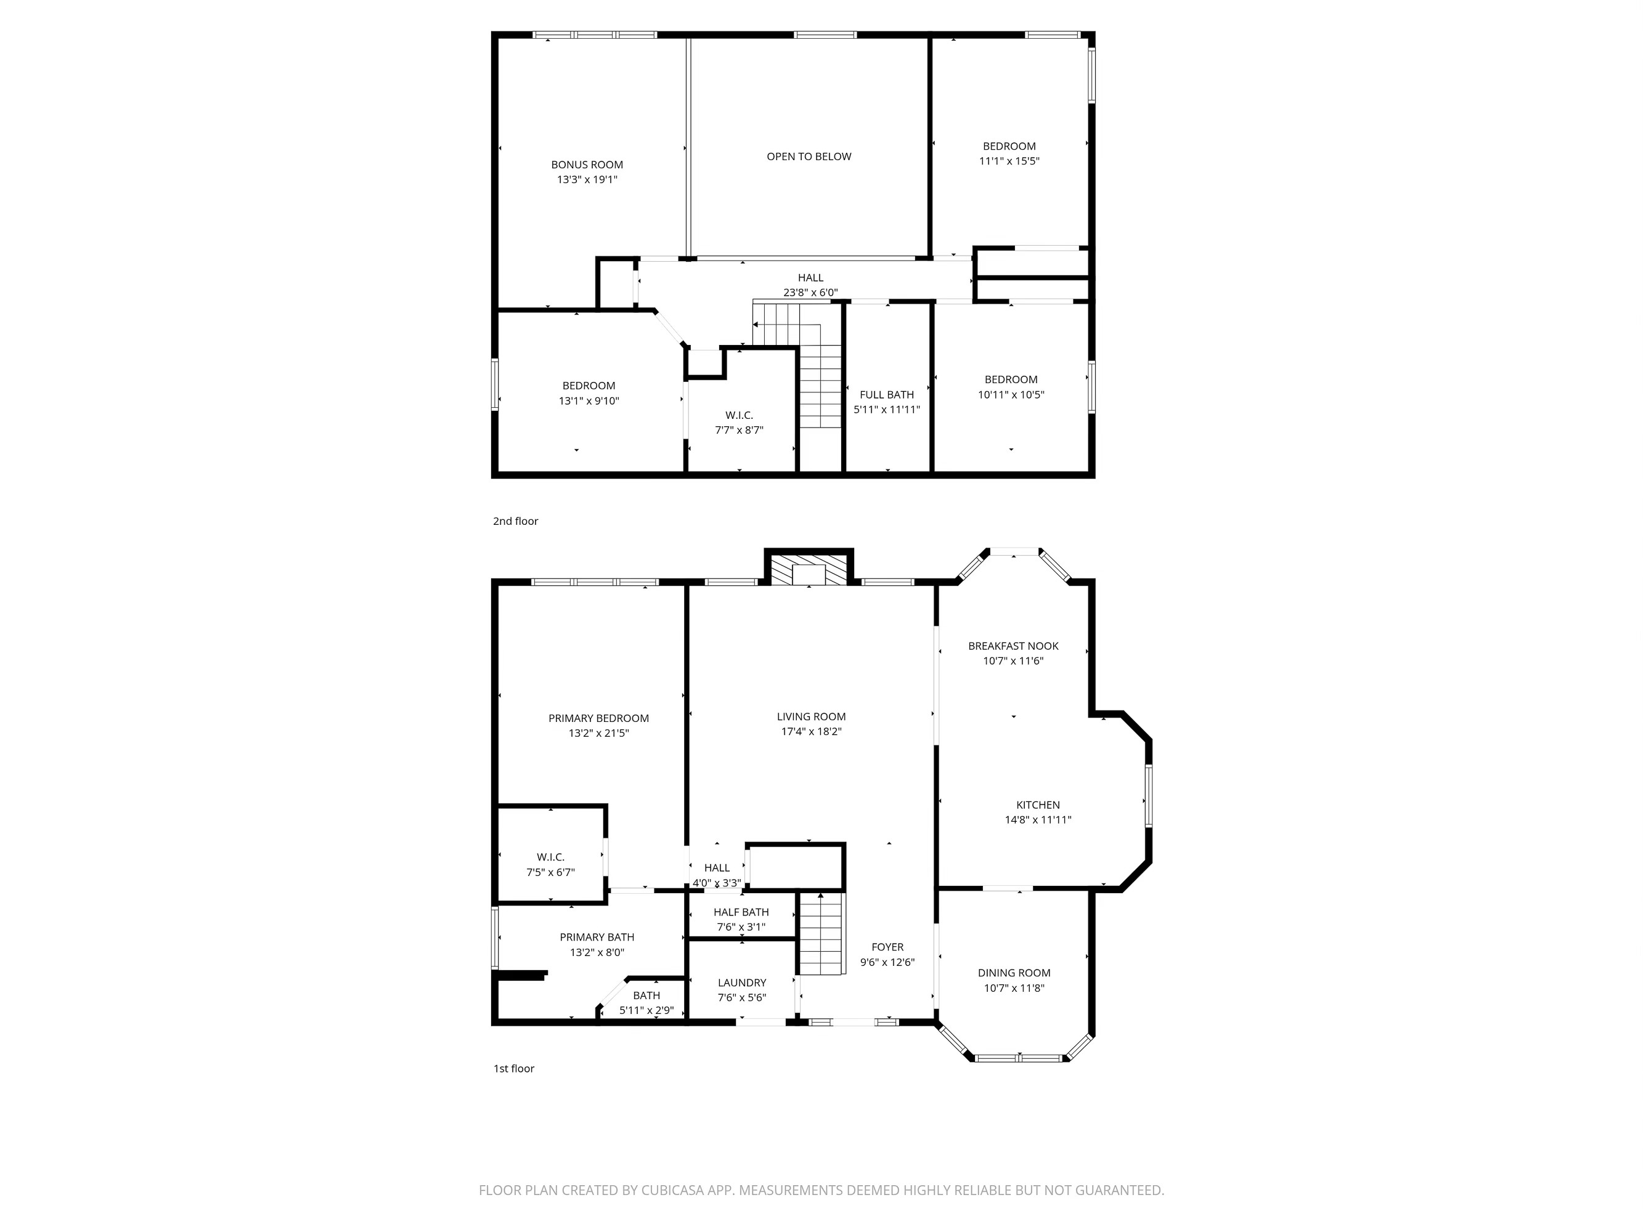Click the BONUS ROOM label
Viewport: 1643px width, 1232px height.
587,165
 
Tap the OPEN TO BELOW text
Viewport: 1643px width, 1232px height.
809,156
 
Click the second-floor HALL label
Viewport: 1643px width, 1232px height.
810,278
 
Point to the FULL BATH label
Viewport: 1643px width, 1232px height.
886,394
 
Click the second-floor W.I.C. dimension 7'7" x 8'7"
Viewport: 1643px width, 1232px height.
739,430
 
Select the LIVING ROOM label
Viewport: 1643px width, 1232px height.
811,716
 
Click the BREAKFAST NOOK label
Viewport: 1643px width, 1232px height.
1013,646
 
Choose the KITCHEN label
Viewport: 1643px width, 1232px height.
1038,805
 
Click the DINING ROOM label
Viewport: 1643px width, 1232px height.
1014,973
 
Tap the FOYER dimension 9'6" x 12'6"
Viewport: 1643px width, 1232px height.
887,962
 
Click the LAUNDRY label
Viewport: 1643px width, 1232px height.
741,983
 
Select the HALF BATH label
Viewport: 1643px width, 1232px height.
741,912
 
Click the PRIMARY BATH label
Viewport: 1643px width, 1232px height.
597,937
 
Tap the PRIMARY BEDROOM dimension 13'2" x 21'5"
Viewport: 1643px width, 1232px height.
598,733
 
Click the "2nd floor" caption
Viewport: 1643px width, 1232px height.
515,521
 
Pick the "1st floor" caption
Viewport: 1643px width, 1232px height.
514,1069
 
